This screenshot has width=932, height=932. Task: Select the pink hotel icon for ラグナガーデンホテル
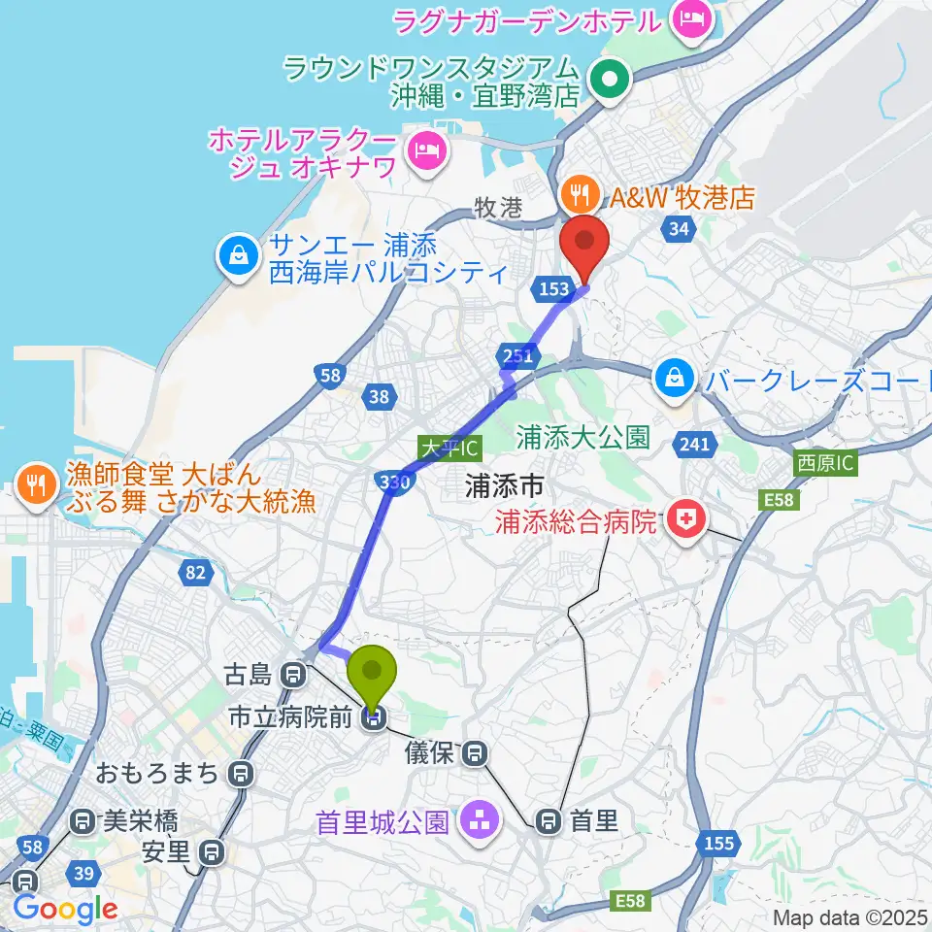point(693,17)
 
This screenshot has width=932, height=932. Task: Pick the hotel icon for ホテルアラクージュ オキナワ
point(425,149)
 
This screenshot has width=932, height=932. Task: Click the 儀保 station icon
point(475,751)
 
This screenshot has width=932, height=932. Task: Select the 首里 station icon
point(549,821)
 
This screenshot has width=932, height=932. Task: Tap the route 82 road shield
point(194,573)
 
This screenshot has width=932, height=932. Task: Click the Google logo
point(65,909)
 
